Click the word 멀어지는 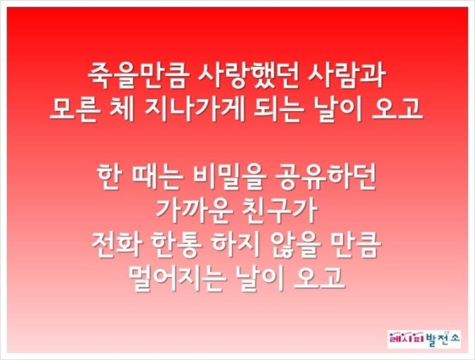click(178, 278)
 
